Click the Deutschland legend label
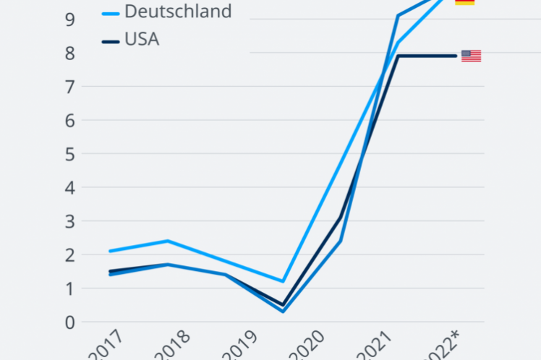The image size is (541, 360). [178, 12]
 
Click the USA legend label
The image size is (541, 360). [142, 39]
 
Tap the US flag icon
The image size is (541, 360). [471, 56]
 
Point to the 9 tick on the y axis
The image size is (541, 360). [69, 20]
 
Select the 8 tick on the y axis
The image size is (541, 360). [69, 53]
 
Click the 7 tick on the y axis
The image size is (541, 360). [69, 87]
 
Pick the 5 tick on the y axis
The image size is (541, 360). [69, 154]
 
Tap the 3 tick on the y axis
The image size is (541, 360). [69, 221]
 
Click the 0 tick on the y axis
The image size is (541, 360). [69, 322]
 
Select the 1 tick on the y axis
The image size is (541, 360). [69, 288]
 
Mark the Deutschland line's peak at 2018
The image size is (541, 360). [168, 241]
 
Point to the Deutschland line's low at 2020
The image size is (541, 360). [283, 281]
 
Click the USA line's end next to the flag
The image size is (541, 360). [456, 56]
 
